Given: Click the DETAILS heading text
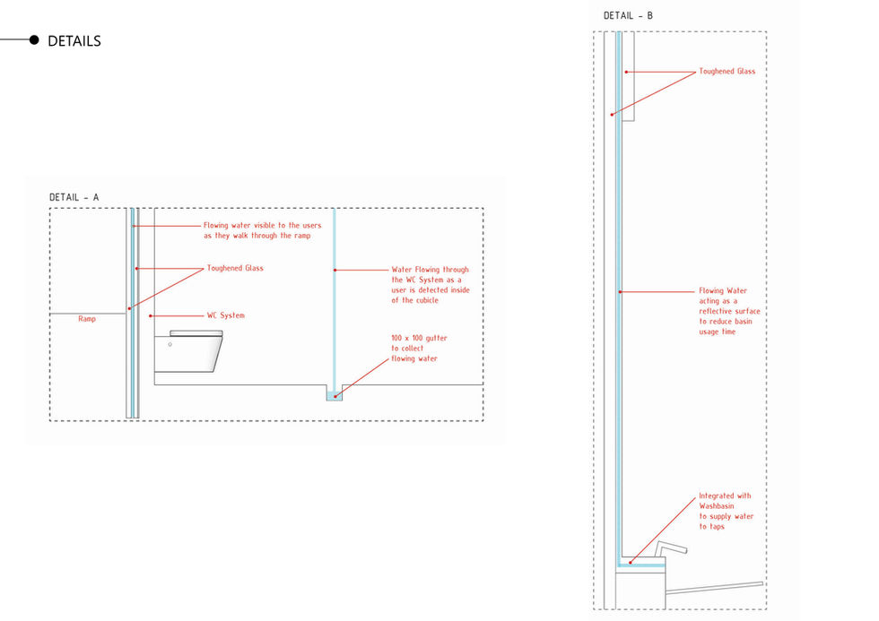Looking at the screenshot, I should pyautogui.click(x=74, y=41).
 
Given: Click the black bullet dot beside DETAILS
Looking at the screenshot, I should pyautogui.click(x=34, y=40).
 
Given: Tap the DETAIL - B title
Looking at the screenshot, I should pyautogui.click(x=628, y=15).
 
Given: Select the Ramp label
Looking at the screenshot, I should pyautogui.click(x=87, y=318).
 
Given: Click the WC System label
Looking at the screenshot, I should pyautogui.click(x=226, y=315).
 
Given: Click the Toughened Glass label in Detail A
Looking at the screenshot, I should pyautogui.click(x=235, y=268).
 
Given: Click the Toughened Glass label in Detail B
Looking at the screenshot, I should pyautogui.click(x=727, y=72).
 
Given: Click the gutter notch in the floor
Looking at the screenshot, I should pyautogui.click(x=334, y=393).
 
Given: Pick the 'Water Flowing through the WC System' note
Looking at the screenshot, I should pyautogui.click(x=431, y=284).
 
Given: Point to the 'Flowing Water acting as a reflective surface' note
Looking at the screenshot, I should pyautogui.click(x=729, y=312).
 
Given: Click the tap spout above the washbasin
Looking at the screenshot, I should pyautogui.click(x=670, y=548).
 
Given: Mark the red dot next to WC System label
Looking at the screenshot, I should pyautogui.click(x=152, y=315).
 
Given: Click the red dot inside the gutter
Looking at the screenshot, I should pyautogui.click(x=335, y=395).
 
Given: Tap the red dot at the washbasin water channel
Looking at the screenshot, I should pyautogui.click(x=630, y=562).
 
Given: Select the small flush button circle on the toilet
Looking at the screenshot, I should pyautogui.click(x=170, y=343).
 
